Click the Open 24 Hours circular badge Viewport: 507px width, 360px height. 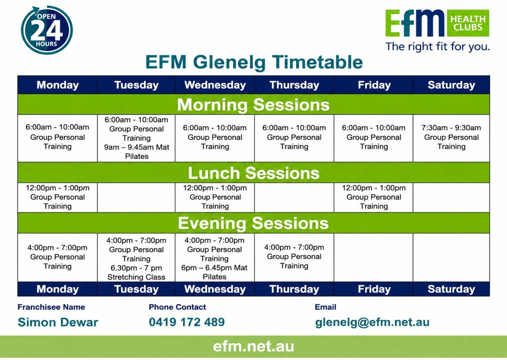[x=47, y=30]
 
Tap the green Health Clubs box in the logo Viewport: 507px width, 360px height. [x=468, y=23]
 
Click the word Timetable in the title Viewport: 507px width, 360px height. [x=317, y=62]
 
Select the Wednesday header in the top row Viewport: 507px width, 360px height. [x=215, y=85]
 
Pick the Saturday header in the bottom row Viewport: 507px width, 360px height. [x=451, y=289]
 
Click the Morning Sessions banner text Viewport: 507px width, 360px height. [x=253, y=105]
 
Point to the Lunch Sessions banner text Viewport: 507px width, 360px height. [x=253, y=173]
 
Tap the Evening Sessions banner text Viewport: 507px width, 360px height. [x=253, y=223]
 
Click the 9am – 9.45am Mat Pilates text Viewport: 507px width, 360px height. [x=136, y=152]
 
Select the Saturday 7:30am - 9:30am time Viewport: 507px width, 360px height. [x=451, y=128]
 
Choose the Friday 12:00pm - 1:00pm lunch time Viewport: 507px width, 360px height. [x=374, y=188]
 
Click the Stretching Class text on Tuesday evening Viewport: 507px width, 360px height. [x=136, y=277]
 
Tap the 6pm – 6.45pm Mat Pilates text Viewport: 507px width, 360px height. [x=214, y=272]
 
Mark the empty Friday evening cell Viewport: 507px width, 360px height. [x=374, y=258]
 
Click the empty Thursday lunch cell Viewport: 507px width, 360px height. [x=294, y=197]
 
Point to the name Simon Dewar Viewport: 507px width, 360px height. [x=58, y=322]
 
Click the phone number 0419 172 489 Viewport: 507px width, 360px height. [x=187, y=322]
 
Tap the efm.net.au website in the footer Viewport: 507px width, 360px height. [x=253, y=346]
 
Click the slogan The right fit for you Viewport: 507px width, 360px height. [x=438, y=47]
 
